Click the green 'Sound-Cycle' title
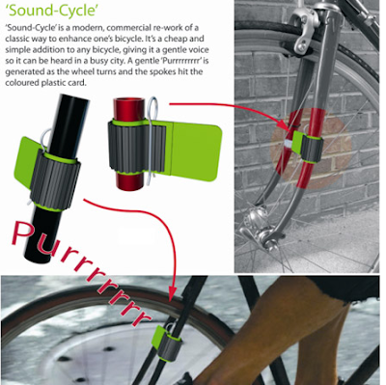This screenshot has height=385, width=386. (x=52, y=11)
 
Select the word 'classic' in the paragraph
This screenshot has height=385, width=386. (x=17, y=39)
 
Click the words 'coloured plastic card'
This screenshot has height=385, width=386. (x=46, y=83)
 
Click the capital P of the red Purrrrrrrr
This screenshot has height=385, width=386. (x=23, y=233)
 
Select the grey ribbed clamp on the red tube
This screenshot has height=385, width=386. (x=138, y=148)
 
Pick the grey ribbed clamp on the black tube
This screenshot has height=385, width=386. (x=55, y=181)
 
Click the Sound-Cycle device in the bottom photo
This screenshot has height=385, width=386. (x=168, y=342)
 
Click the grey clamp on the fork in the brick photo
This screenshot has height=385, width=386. (x=310, y=148)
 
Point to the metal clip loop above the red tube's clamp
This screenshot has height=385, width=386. (x=152, y=108)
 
